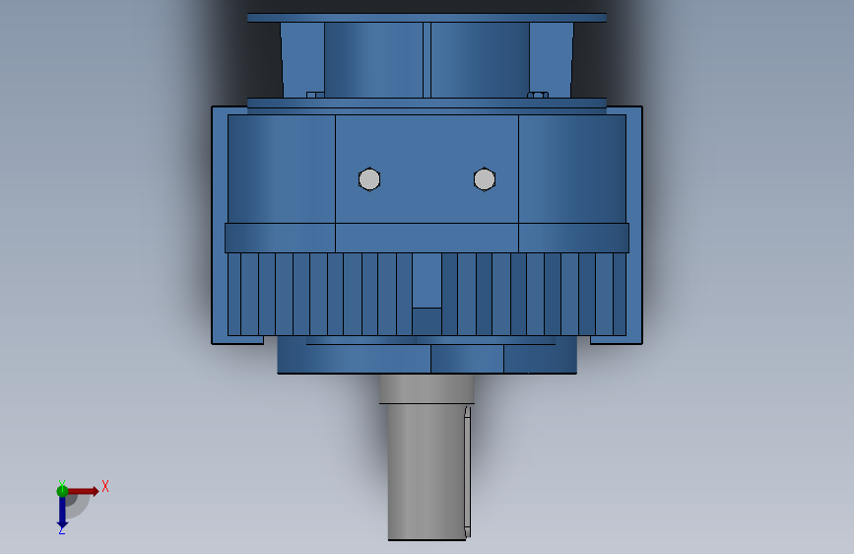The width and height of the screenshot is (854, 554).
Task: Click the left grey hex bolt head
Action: (x=369, y=179)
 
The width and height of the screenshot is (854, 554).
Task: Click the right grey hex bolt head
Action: (x=484, y=178)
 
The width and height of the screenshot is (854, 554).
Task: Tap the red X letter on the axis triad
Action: (x=105, y=486)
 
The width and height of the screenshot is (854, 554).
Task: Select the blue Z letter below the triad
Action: (x=61, y=530)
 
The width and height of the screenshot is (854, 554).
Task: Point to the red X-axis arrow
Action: (x=85, y=491)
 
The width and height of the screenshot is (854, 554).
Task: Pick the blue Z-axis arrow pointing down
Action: (x=62, y=510)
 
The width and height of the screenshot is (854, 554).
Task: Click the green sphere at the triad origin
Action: (x=62, y=490)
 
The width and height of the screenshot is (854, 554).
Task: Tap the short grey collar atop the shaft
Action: (x=427, y=389)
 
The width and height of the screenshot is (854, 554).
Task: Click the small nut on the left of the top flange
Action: (x=315, y=95)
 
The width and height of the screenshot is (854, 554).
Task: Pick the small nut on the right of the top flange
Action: (x=538, y=95)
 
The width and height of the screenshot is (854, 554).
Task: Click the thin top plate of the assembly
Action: (x=427, y=17)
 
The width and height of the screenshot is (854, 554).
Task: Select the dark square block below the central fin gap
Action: (x=427, y=321)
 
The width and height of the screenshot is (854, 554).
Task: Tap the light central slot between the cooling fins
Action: (x=427, y=280)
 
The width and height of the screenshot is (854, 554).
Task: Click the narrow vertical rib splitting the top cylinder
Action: (x=427, y=59)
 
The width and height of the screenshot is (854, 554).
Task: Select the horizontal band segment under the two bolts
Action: (x=427, y=238)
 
